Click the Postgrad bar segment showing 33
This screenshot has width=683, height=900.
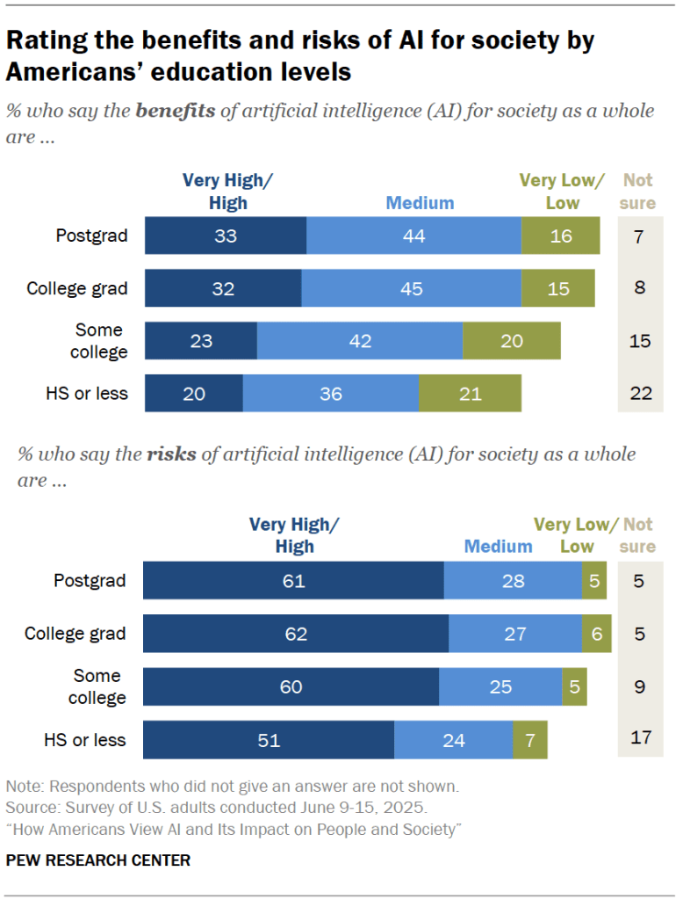225,236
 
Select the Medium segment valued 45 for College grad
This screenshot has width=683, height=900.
411,288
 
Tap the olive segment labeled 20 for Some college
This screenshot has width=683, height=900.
511,341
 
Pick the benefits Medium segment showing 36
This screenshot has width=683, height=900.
330,394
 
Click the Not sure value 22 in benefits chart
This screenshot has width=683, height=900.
641,394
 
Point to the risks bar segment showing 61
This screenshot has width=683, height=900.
293,581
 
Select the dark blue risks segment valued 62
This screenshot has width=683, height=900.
296,634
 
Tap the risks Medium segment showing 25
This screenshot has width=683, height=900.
500,686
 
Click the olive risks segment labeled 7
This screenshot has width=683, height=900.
530,740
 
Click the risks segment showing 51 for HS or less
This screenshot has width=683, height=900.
269,740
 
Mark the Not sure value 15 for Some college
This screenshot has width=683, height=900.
641,341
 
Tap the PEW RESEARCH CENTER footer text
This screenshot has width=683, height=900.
98,860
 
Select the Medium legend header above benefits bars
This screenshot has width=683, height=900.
421,203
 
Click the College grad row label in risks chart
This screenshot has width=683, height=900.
75,634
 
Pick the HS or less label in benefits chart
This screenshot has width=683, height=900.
87,394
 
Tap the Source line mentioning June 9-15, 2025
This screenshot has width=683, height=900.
218,807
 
